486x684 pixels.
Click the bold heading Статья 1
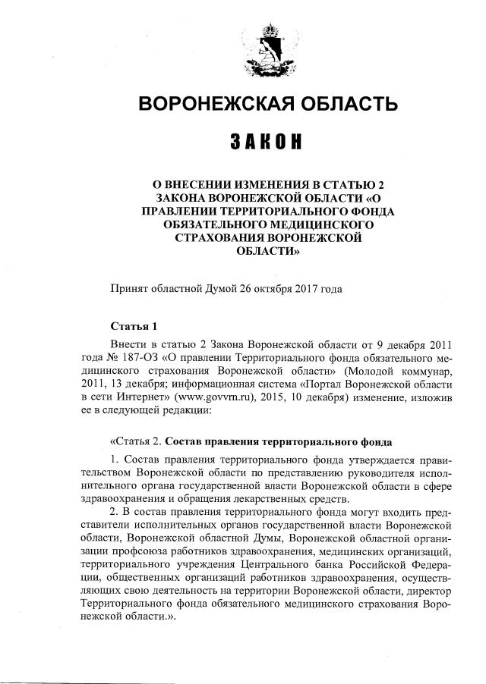point(134,327)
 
